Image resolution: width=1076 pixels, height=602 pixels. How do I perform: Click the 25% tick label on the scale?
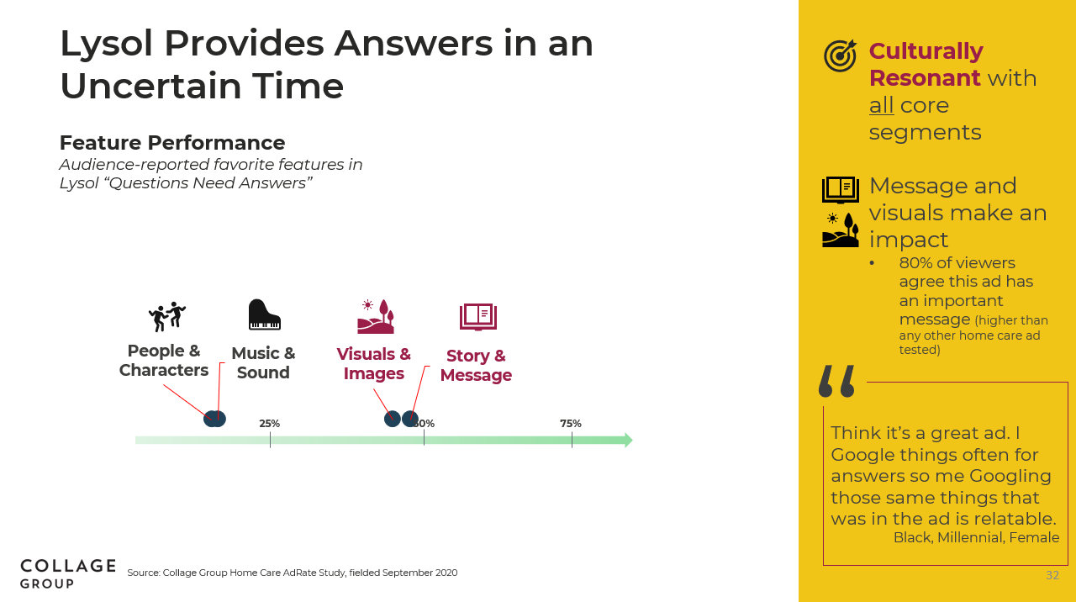point(269,423)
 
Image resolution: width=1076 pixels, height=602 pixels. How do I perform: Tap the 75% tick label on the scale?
point(570,423)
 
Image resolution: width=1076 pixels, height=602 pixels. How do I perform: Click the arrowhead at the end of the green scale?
point(628,440)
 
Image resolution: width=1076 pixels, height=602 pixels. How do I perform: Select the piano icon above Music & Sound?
point(264,314)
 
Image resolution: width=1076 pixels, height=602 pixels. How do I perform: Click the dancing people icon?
point(166,317)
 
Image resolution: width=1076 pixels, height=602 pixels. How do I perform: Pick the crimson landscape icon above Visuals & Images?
point(376,317)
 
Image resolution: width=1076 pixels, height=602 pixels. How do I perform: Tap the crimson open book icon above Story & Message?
point(478,317)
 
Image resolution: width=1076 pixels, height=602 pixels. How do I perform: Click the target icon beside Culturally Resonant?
point(840,55)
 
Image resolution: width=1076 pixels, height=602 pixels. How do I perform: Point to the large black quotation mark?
point(836,381)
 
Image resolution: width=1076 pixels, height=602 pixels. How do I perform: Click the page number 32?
point(1052,575)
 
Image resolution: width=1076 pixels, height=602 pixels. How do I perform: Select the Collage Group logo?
point(68,573)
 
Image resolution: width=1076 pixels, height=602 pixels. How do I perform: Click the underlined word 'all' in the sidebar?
point(881,105)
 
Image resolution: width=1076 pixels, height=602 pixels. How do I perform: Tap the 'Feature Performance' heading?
point(172,143)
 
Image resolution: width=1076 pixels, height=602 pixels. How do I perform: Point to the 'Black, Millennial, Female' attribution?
point(976,537)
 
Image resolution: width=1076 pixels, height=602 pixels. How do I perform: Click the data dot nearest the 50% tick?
point(409,419)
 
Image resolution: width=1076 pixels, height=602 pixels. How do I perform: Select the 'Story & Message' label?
point(476,365)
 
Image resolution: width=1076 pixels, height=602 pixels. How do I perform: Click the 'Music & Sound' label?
point(263,362)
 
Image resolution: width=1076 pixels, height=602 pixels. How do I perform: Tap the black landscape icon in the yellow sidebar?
point(840,230)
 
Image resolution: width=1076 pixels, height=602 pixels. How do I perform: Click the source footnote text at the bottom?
point(292,573)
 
